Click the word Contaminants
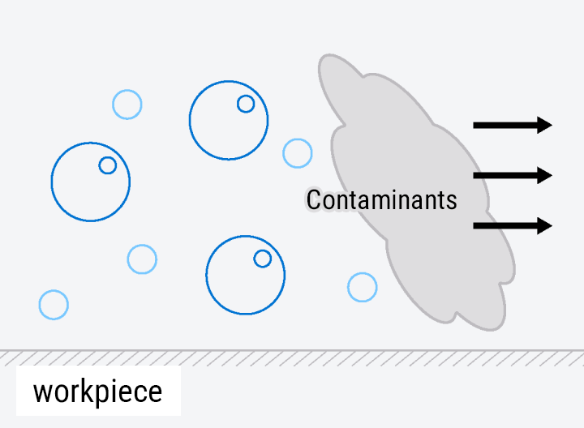point(382,200)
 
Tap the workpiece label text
point(97,392)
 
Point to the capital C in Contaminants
point(314,200)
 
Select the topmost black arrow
point(513,125)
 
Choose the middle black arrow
point(513,175)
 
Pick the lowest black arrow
point(513,225)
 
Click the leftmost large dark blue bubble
point(91,182)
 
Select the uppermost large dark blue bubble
point(229,120)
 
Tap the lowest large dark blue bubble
point(246,275)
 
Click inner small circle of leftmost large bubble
point(108,165)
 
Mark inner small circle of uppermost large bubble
point(246,104)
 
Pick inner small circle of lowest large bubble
point(263,259)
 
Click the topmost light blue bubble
point(127,105)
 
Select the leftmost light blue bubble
point(54,305)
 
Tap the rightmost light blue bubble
point(363,287)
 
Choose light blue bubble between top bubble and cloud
point(297,153)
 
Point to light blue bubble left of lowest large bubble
point(142,259)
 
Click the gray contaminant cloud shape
point(417,192)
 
